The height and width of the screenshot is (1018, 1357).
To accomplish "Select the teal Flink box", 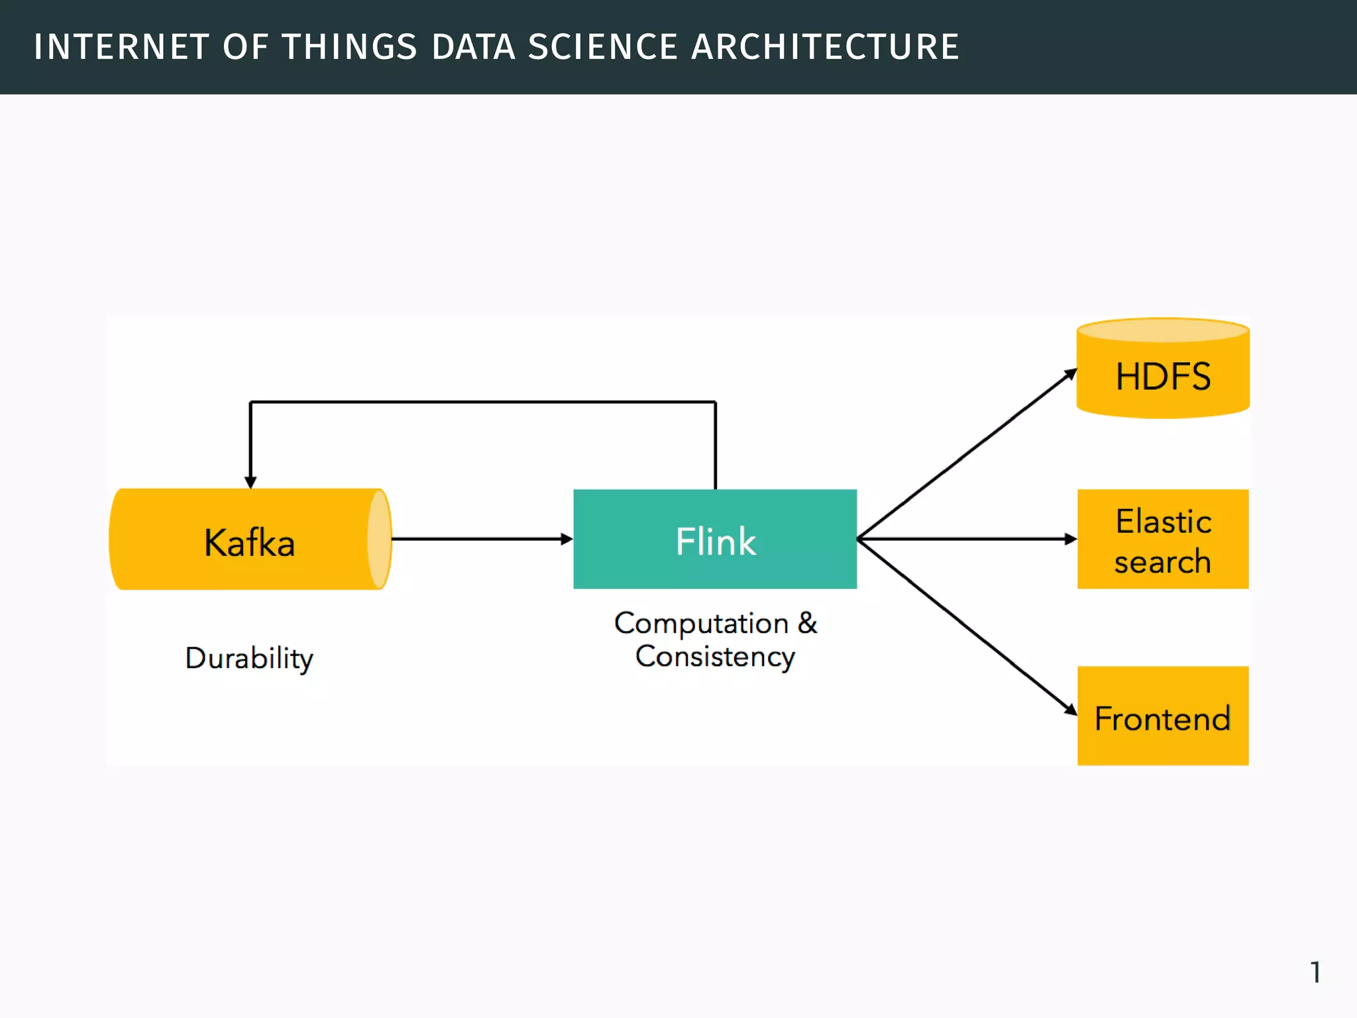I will (x=715, y=539).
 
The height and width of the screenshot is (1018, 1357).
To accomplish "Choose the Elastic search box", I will (x=1163, y=539).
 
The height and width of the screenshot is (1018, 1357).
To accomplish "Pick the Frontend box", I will (x=1163, y=716).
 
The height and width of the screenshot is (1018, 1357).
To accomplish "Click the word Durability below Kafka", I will (x=249, y=659).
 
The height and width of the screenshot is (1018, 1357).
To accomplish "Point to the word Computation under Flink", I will (x=701, y=624).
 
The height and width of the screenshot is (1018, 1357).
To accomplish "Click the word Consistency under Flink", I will (x=715, y=657).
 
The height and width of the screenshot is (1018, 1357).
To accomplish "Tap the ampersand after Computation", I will (x=808, y=623).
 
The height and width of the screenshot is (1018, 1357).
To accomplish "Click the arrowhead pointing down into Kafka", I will (x=250, y=482).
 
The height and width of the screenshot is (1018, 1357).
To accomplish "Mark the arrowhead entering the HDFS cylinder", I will (x=1069, y=375).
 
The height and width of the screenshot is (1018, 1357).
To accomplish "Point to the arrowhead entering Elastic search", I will (x=1070, y=539).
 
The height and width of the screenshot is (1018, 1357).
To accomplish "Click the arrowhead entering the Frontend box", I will (x=1069, y=708).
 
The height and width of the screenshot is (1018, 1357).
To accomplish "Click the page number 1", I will (x=1315, y=972).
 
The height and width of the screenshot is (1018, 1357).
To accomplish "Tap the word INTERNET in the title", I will (x=121, y=48).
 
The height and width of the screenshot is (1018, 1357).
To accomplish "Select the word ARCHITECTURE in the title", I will (x=825, y=48).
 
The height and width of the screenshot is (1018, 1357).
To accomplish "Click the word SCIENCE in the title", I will (x=603, y=48).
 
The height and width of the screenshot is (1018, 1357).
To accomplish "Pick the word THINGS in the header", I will (x=350, y=48).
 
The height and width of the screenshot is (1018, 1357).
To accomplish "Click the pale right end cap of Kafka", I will (x=379, y=539).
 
